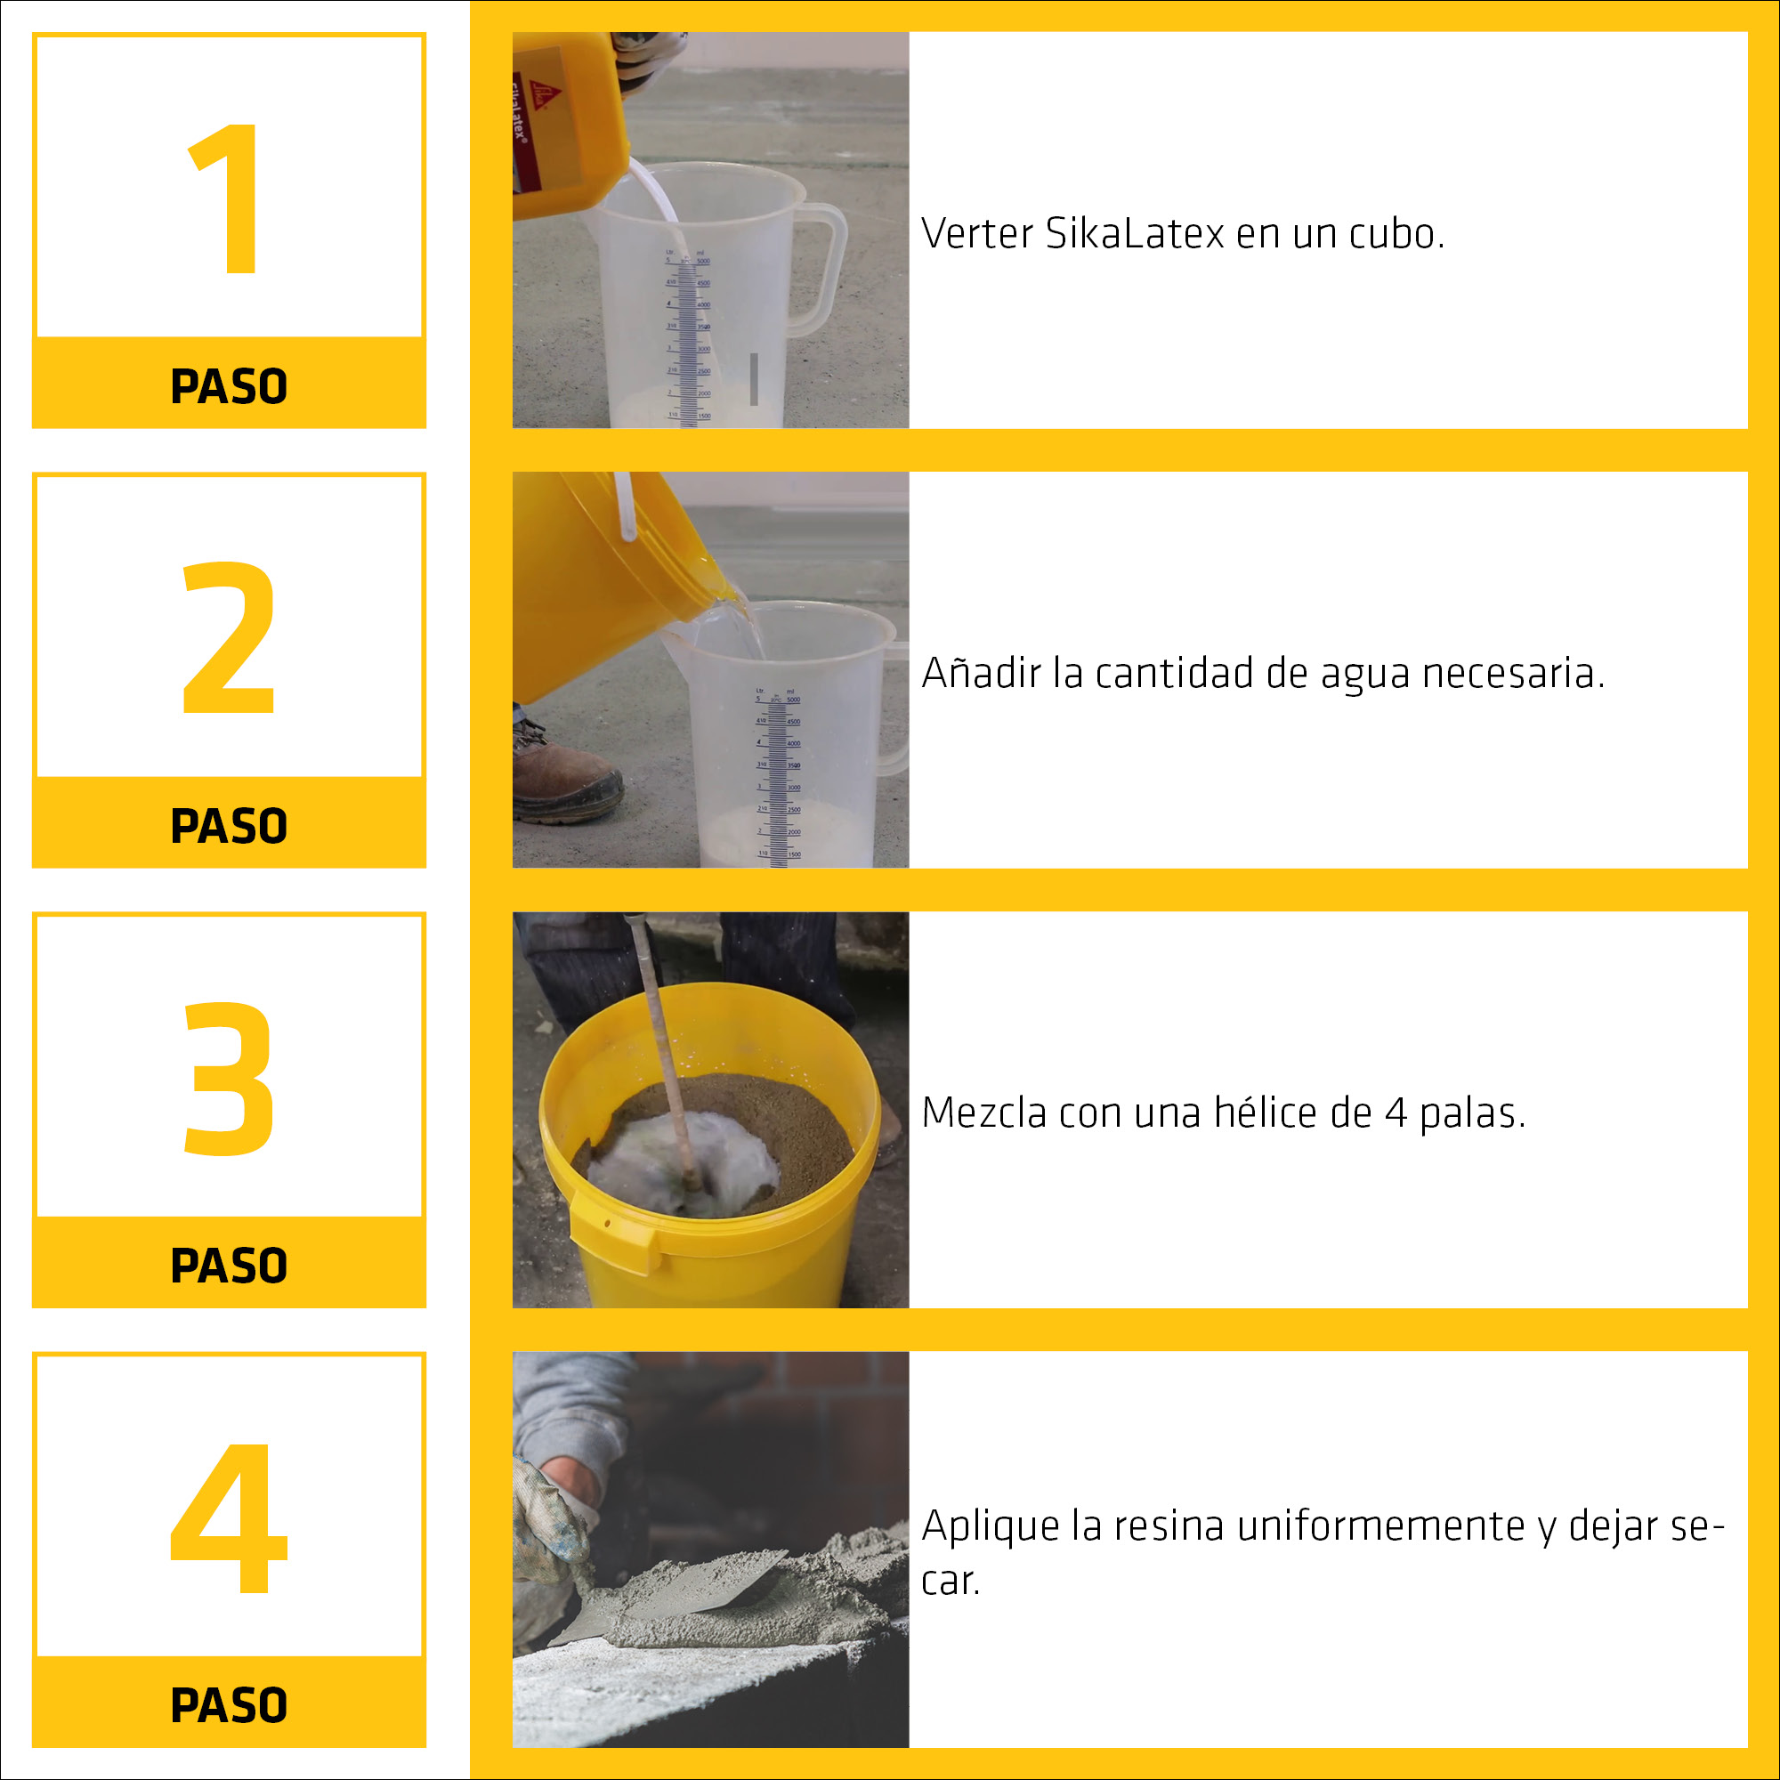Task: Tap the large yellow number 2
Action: click(x=229, y=637)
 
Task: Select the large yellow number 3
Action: click(x=229, y=1078)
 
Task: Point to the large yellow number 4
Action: click(x=230, y=1517)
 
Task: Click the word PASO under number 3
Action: click(x=229, y=1266)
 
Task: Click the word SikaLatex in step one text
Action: click(x=1134, y=234)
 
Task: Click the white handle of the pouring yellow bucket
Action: click(x=626, y=506)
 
